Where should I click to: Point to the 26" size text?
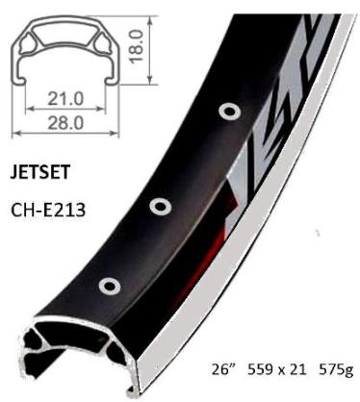click(223, 368)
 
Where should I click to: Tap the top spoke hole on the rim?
click(228, 114)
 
